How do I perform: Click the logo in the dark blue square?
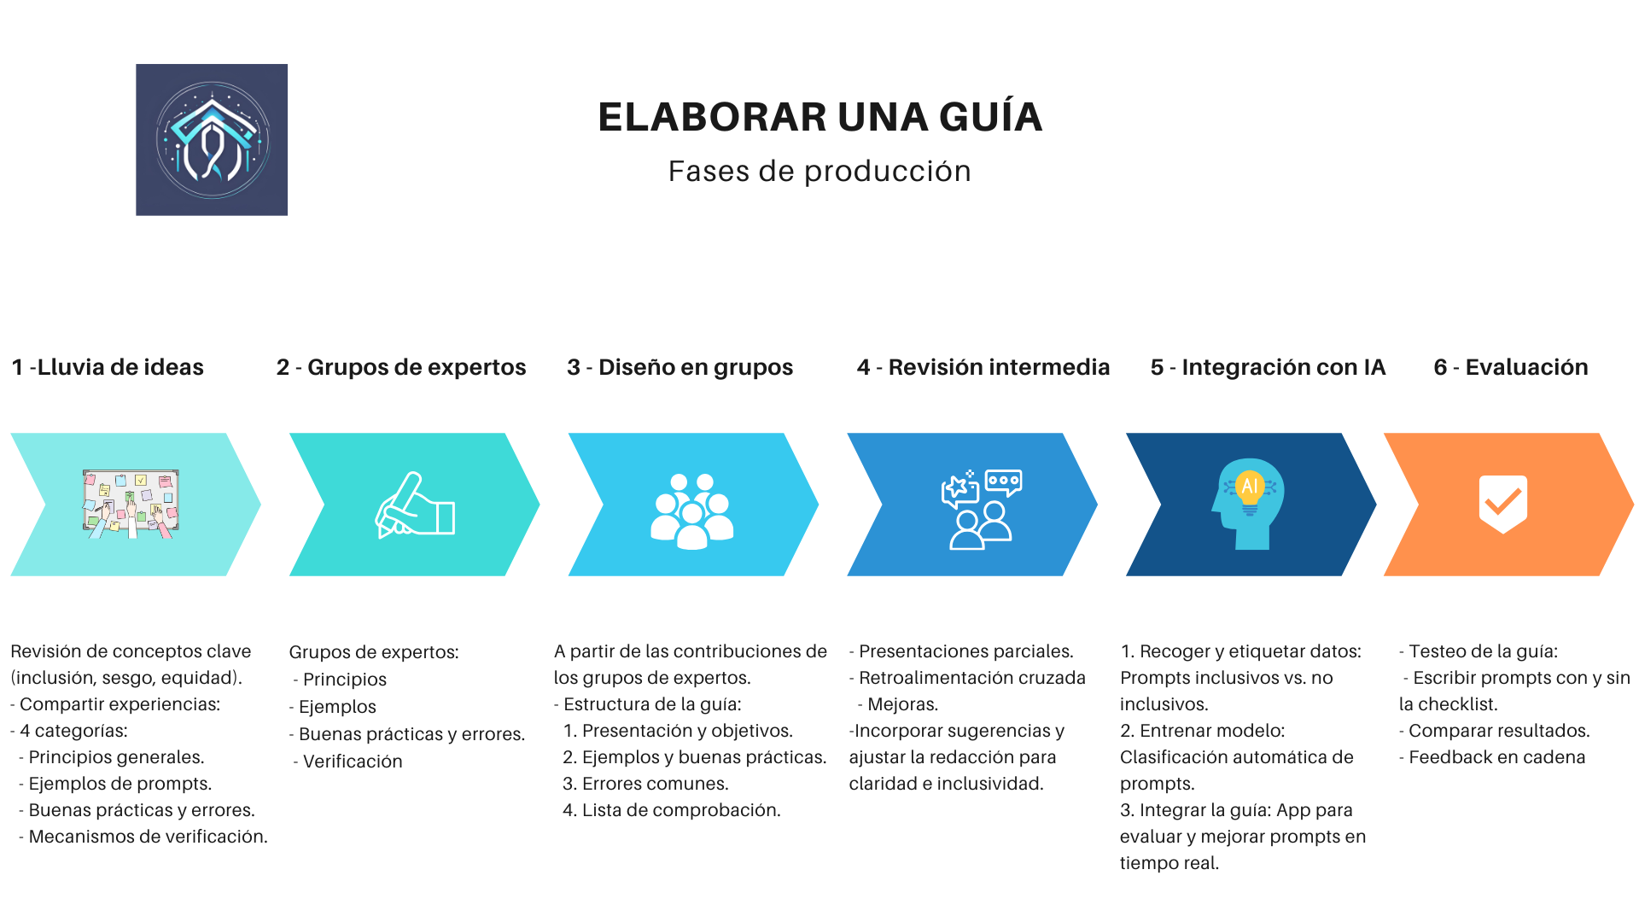pos(212,139)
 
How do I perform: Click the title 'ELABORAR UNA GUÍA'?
pos(819,117)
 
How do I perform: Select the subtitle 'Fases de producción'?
pos(819,171)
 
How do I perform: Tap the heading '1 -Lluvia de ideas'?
pos(108,367)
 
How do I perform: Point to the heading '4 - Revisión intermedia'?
pos(983,367)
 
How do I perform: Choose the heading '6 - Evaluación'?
pos(1511,367)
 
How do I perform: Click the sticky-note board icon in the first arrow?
pos(131,504)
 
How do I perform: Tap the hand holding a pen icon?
pos(415,505)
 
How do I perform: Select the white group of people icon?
pos(692,511)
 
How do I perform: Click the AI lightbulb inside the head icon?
pos(1250,490)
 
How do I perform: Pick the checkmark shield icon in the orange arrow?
pos(1503,504)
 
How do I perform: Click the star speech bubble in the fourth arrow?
pos(960,489)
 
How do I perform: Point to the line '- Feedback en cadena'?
pos(1492,757)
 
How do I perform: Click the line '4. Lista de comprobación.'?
pos(672,810)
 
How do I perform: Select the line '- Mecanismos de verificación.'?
pos(143,837)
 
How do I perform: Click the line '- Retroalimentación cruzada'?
pos(967,678)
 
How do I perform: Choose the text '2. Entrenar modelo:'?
pos(1203,731)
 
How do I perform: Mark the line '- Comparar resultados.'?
pos(1495,731)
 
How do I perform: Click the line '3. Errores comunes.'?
pos(645,784)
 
